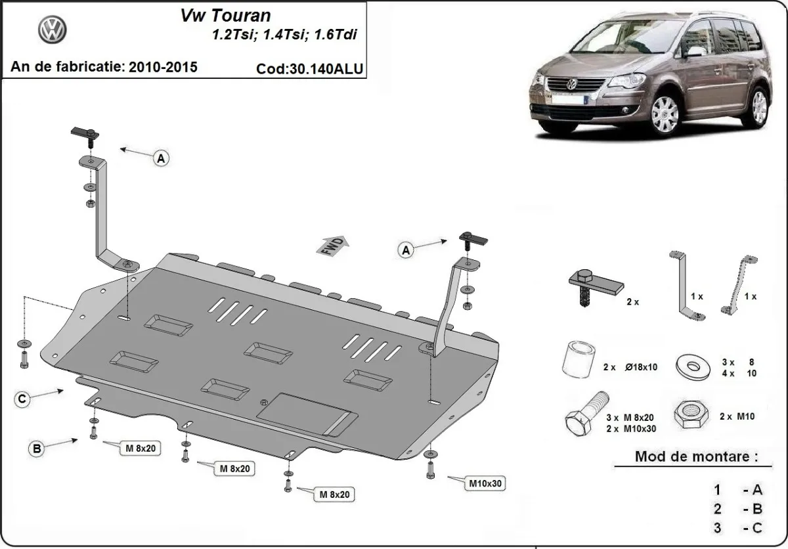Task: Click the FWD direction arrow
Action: (334, 245)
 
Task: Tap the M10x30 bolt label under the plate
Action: (485, 484)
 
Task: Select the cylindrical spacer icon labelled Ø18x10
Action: (579, 360)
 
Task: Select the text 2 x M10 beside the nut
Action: (737, 416)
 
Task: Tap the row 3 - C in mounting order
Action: (739, 527)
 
